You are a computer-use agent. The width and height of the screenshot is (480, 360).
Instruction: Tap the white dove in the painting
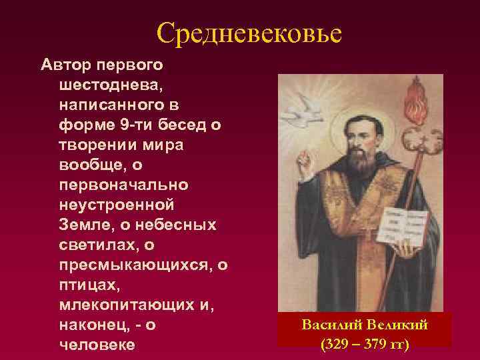(311, 105)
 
